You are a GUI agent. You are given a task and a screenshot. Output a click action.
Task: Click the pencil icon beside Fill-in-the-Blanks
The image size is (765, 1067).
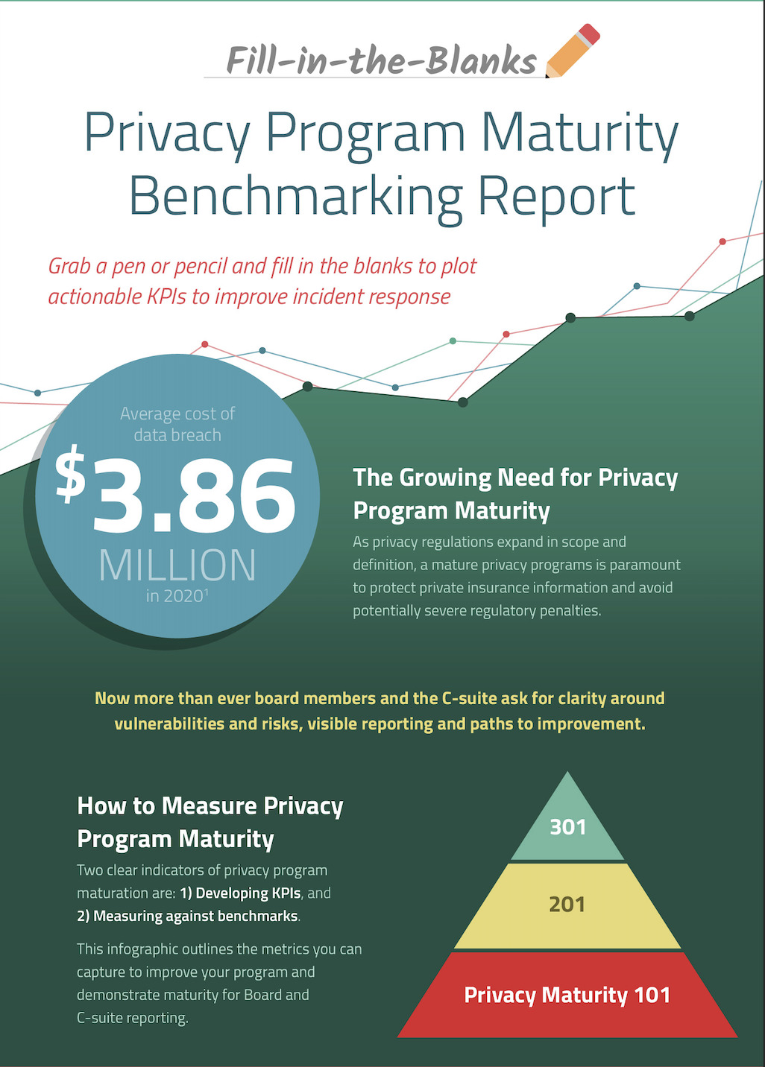point(572,51)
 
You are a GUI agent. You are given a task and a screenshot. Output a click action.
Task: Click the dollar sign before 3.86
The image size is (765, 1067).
point(71,474)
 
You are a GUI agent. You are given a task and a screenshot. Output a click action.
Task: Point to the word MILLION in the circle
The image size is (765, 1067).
point(177,566)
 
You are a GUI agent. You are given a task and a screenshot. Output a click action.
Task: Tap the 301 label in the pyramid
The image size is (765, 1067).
point(567,827)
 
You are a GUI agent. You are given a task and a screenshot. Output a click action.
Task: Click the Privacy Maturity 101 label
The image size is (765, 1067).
point(567,995)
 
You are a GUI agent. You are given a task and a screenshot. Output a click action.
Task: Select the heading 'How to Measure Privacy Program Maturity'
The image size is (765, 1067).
point(210,822)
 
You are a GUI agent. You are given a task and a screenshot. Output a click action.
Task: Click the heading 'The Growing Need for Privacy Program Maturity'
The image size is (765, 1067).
point(515,493)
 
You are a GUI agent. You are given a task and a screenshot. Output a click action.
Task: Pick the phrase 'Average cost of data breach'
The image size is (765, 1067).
point(177,424)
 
